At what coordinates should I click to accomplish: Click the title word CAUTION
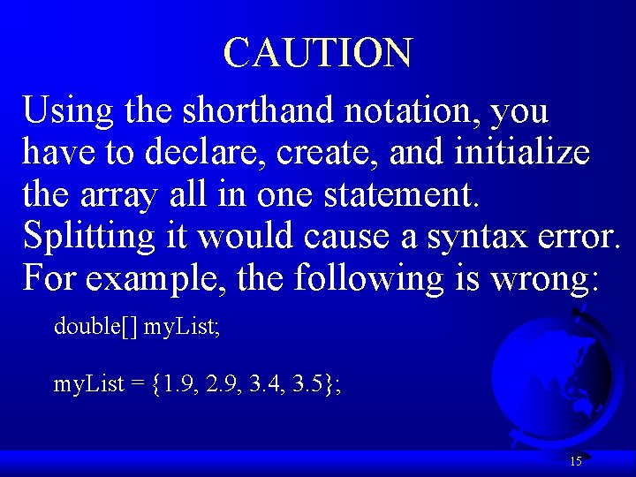pyautogui.click(x=317, y=53)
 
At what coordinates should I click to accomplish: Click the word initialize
pyautogui.click(x=521, y=154)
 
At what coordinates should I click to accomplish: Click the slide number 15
pyautogui.click(x=576, y=461)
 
